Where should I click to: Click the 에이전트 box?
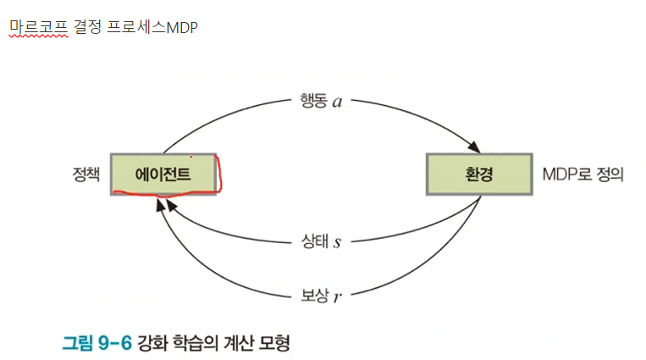(163, 175)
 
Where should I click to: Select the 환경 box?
(478, 175)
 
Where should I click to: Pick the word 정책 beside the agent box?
(86, 175)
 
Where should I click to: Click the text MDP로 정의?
(583, 175)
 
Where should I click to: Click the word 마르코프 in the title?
(38, 27)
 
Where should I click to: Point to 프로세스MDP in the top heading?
(152, 27)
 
